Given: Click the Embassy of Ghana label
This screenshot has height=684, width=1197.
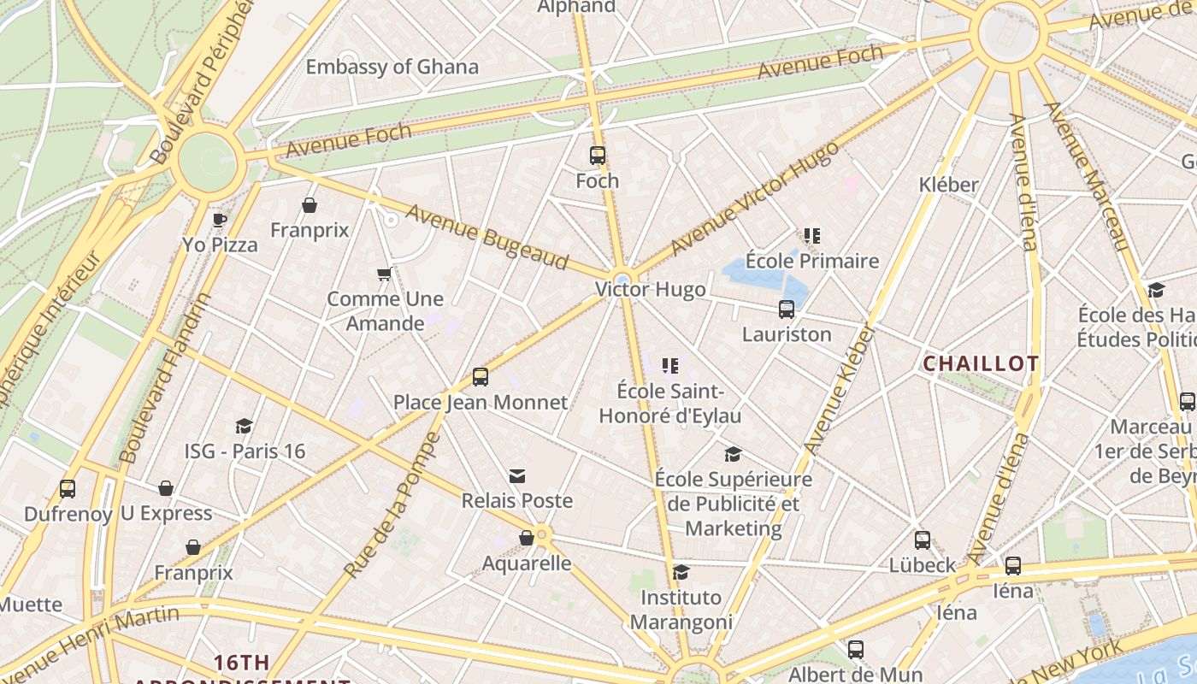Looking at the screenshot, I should click(x=392, y=67).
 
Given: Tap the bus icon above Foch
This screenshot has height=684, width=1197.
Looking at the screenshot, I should click(x=597, y=156).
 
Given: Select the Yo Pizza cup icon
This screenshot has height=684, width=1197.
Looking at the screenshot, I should click(x=220, y=220).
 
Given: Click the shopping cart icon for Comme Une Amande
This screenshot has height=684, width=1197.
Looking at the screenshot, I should click(x=385, y=274).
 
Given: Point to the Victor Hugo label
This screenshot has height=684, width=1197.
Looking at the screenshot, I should click(x=651, y=289).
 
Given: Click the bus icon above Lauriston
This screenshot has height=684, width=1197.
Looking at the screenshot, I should click(x=786, y=310).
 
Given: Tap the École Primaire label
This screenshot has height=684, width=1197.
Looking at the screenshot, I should click(x=811, y=261).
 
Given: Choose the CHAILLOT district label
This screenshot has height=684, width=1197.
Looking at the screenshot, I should click(x=981, y=363).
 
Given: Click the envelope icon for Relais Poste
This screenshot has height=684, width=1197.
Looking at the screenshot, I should click(x=517, y=476).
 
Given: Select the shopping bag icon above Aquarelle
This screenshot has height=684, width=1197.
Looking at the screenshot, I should click(x=527, y=538).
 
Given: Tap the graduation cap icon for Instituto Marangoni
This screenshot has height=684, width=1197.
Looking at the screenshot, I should click(x=681, y=572).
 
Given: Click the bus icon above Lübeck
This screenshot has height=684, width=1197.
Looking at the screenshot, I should click(x=922, y=540).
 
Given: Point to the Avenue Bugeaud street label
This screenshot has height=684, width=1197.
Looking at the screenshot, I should click(x=487, y=237).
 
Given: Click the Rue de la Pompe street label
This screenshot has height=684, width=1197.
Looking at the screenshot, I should click(x=392, y=504).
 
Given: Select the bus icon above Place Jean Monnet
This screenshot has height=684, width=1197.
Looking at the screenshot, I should click(x=480, y=377).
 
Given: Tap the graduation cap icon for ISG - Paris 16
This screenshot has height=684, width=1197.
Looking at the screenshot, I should click(x=245, y=426).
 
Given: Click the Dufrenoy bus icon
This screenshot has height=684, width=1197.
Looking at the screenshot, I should click(x=68, y=489).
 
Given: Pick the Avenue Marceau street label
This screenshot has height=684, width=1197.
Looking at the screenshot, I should click(x=1086, y=175).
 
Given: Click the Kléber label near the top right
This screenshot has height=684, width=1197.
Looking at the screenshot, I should click(x=948, y=185).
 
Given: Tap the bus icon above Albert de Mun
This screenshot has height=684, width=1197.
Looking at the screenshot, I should click(x=855, y=650).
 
